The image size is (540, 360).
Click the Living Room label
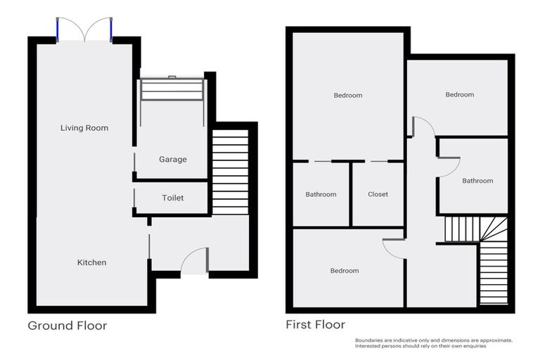(84, 128)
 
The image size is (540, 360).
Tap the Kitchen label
(91, 262)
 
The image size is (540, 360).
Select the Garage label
(172, 160)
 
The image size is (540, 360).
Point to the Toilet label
(172, 198)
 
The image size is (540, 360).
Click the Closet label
(378, 194)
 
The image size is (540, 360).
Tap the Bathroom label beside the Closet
(321, 195)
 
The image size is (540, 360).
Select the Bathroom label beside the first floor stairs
(477, 181)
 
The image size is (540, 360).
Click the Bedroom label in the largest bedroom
(348, 96)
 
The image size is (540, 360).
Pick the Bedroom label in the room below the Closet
(344, 271)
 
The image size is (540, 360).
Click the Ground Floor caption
(67, 326)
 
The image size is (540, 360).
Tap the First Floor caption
(315, 325)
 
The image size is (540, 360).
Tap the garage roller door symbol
(172, 90)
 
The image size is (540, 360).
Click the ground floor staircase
(230, 172)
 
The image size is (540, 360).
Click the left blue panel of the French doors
(59, 29)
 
